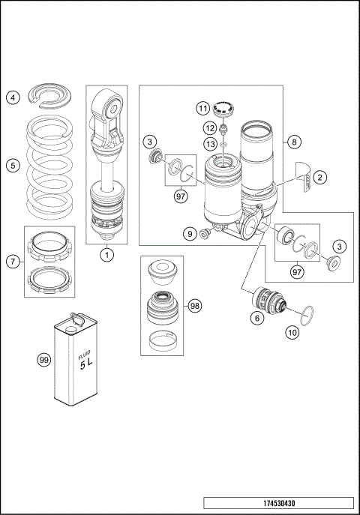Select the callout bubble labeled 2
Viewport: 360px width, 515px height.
click(319, 178)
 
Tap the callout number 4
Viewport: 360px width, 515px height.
click(13, 97)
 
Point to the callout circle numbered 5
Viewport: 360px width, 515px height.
click(13, 166)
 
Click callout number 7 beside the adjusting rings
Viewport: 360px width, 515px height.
click(13, 261)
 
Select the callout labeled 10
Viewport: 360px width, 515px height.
click(292, 331)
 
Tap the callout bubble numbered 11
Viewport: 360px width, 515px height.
click(204, 109)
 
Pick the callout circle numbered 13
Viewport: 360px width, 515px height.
click(204, 142)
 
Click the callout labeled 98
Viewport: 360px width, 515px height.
click(195, 306)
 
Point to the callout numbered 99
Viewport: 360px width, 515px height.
click(43, 361)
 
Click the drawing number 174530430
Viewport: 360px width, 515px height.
click(278, 503)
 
